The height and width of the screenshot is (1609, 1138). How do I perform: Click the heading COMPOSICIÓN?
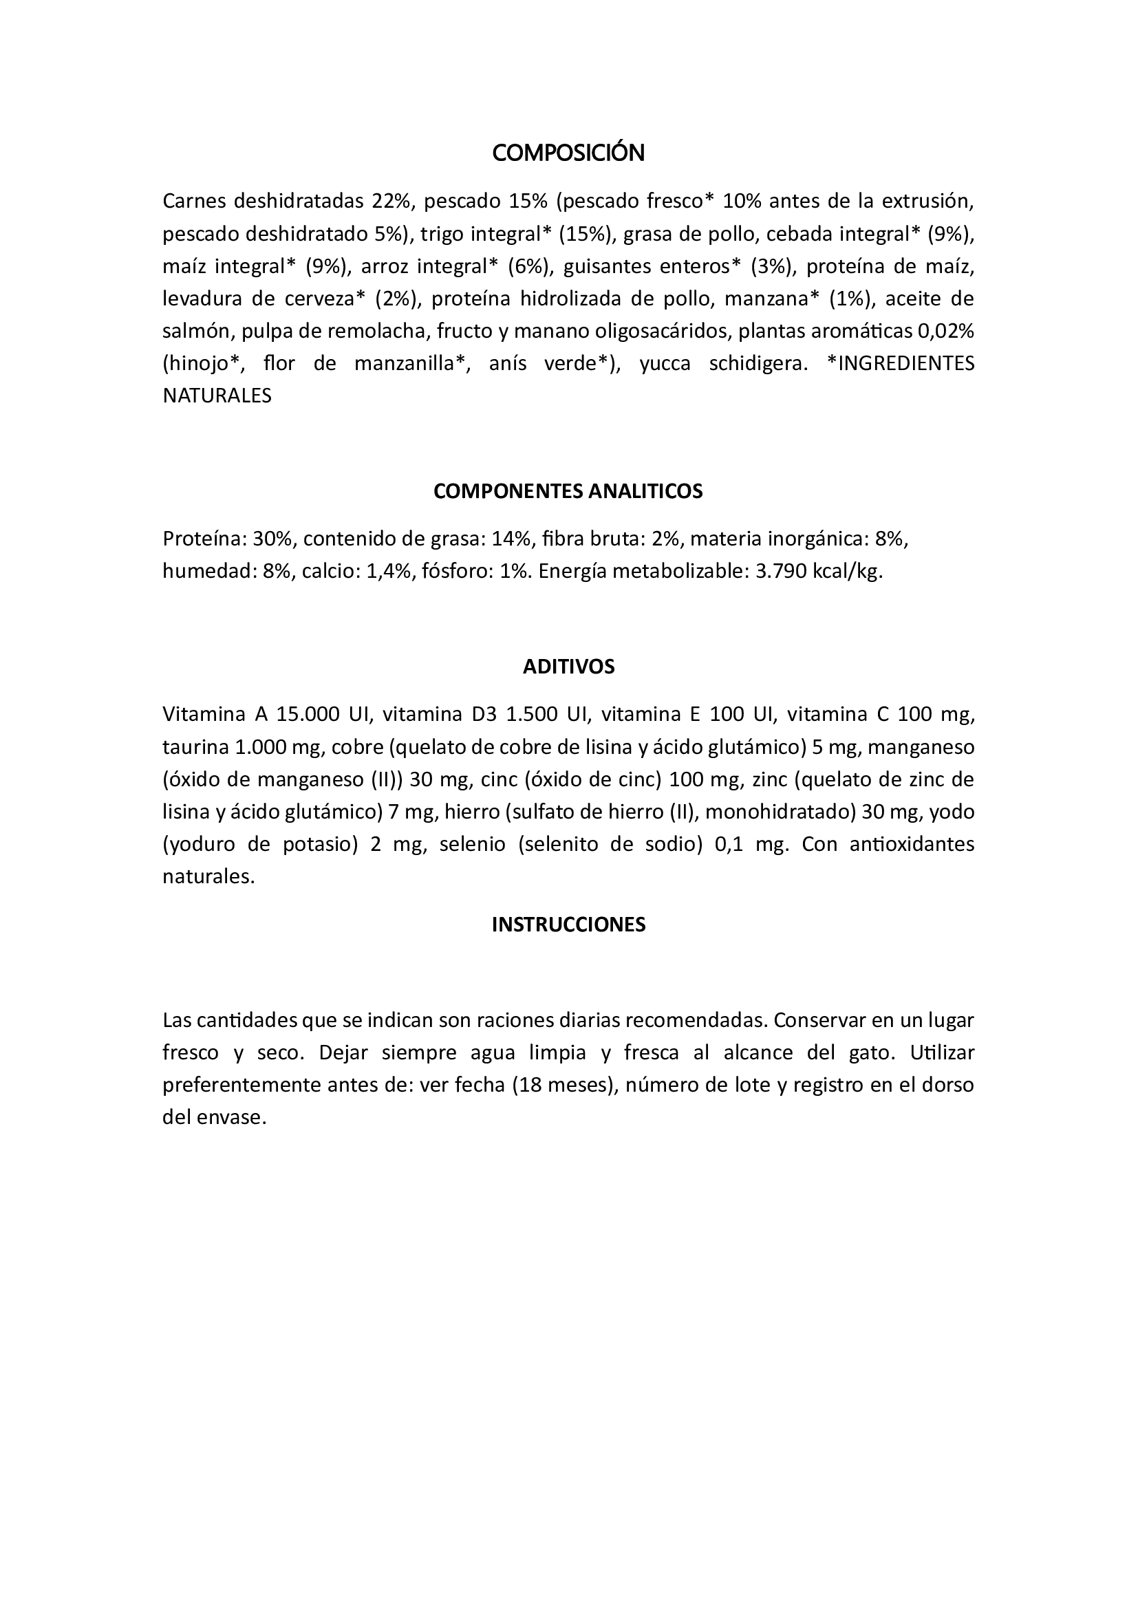tap(568, 153)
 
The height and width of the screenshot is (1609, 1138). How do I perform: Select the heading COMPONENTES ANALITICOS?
tap(568, 491)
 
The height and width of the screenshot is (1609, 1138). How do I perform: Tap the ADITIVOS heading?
tap(568, 667)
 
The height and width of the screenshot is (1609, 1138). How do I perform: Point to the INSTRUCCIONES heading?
tap(568, 925)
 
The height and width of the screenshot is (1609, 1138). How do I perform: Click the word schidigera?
tap(759, 364)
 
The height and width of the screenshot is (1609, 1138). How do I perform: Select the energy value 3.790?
tap(781, 572)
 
